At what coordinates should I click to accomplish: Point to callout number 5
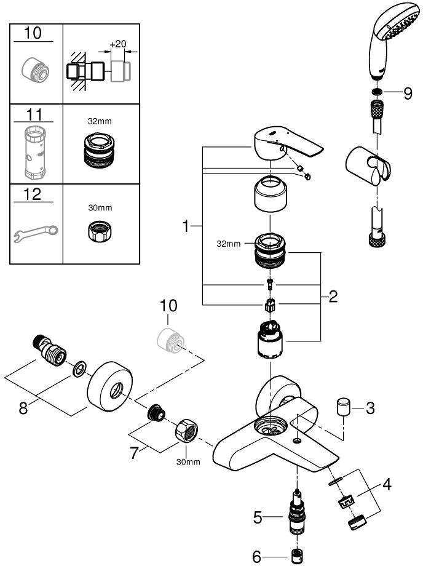(387, 485)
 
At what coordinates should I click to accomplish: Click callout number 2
(333, 298)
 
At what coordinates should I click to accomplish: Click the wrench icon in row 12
(36, 232)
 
